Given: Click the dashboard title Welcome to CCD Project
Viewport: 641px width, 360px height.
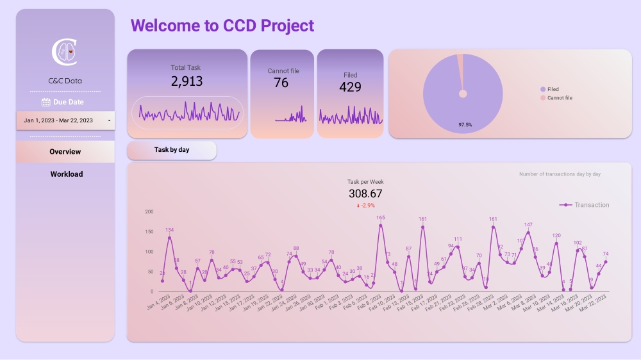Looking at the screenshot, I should pos(222,26).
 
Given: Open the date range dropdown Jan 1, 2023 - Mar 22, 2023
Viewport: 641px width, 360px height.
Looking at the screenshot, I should pos(65,120).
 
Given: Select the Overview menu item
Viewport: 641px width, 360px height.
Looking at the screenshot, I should pos(65,152).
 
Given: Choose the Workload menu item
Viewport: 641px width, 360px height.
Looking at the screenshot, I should pos(67,174).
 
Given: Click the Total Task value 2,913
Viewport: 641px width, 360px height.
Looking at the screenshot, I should pos(187,81).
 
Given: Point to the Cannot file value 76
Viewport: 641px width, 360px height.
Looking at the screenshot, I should pos(281,83).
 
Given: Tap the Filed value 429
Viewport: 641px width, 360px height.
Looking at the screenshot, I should pos(350,87).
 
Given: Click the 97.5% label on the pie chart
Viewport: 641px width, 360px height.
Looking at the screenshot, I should pos(465,125).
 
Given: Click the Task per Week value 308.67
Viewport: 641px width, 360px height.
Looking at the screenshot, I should pos(365,193).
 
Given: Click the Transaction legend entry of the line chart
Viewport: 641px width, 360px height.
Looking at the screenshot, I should pos(585,205).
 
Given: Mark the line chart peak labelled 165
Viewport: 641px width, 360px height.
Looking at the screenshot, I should pos(380,225).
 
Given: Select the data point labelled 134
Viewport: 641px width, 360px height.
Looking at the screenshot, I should pos(169,238).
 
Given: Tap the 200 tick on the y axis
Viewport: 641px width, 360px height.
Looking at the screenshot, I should pos(149,212).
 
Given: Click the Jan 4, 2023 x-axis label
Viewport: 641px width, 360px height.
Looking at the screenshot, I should pos(158,302).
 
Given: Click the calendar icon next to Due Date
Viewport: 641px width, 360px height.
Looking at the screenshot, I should pos(46,102).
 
